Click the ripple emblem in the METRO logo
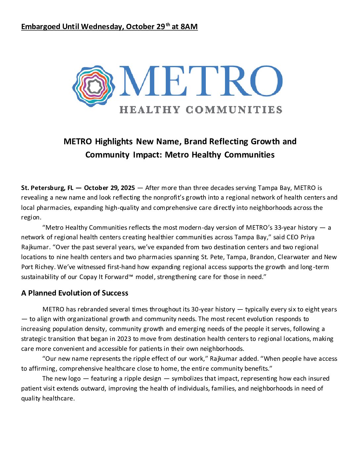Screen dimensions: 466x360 pyautogui.click(x=94, y=86)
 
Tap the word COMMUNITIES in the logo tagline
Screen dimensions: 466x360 pyautogui.click(x=234, y=110)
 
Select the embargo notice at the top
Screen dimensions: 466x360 pyautogui.click(x=109, y=26)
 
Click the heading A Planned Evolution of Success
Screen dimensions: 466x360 pyautogui.click(x=74, y=293)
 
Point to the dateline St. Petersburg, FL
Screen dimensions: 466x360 pyautogui.click(x=47, y=188)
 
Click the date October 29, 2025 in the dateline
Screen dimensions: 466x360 pyautogui.click(x=109, y=188)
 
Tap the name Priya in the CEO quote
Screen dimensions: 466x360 pyautogui.click(x=307, y=237)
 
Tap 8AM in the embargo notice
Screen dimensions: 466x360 pyautogui.click(x=189, y=26)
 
